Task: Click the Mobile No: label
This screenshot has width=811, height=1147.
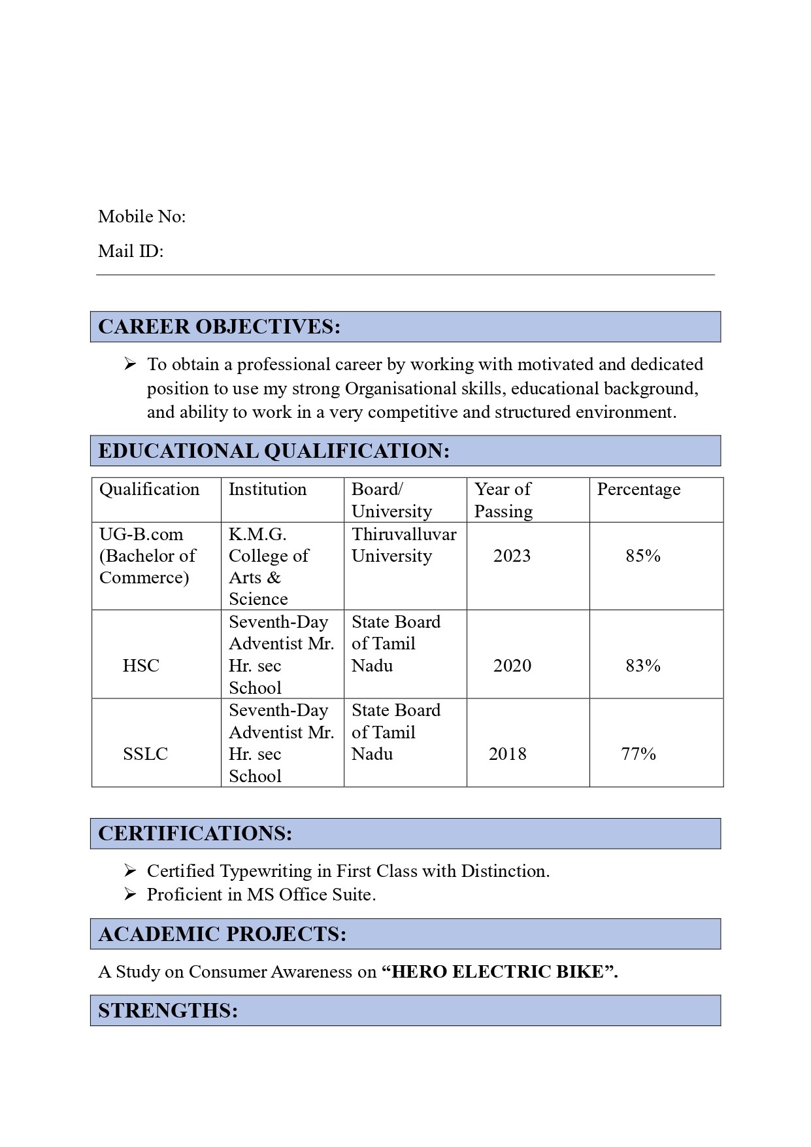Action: coord(142,216)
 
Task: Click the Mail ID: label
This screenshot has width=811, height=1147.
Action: coord(131,251)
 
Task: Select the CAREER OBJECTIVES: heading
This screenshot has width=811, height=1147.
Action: coord(219,327)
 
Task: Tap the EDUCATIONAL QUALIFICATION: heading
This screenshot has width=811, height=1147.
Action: coord(273,451)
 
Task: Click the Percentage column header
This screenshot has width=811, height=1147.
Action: coord(638,490)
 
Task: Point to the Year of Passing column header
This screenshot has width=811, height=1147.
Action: coord(503,500)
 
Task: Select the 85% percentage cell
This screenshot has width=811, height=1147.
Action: coord(643,556)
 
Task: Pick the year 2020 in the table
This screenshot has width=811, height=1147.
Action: coord(512,666)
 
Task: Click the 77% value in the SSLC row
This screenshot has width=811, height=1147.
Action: coord(638,754)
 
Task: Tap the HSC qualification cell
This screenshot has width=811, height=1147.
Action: coord(141,666)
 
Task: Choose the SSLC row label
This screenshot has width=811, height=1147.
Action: coord(145,754)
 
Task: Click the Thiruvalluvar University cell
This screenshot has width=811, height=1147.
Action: coord(404,545)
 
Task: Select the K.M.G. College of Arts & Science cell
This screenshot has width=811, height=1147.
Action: coord(269,566)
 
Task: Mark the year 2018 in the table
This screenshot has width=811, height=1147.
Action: coord(508,754)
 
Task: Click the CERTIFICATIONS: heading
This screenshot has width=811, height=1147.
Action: coord(195,834)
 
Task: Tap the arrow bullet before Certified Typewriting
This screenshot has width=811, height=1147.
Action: coord(130,870)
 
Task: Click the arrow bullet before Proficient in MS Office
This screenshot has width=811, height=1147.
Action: coord(130,894)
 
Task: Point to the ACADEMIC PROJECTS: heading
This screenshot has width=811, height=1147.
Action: coord(222,934)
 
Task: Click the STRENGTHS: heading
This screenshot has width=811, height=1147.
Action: coord(168,1011)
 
